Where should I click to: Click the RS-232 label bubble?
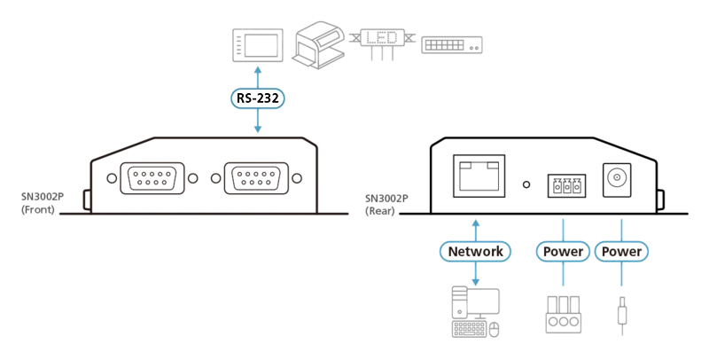(257, 98)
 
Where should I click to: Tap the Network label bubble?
(475, 252)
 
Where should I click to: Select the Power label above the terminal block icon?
(563, 252)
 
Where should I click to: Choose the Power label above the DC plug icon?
(621, 252)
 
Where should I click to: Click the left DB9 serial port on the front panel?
(152, 178)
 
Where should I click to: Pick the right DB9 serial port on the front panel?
(256, 178)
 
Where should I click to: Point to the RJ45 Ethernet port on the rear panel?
(479, 176)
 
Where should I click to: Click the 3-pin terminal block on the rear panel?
(566, 185)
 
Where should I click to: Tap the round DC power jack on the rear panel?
(616, 179)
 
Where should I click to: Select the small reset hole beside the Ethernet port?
(526, 184)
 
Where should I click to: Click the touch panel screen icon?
(257, 45)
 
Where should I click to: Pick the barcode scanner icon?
(319, 44)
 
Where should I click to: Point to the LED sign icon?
(382, 43)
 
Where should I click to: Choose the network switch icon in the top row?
(452, 45)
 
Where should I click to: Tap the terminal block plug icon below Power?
(563, 315)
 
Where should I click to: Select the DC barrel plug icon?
(622, 316)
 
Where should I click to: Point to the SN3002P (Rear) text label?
(386, 205)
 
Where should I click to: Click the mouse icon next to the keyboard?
(495, 329)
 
